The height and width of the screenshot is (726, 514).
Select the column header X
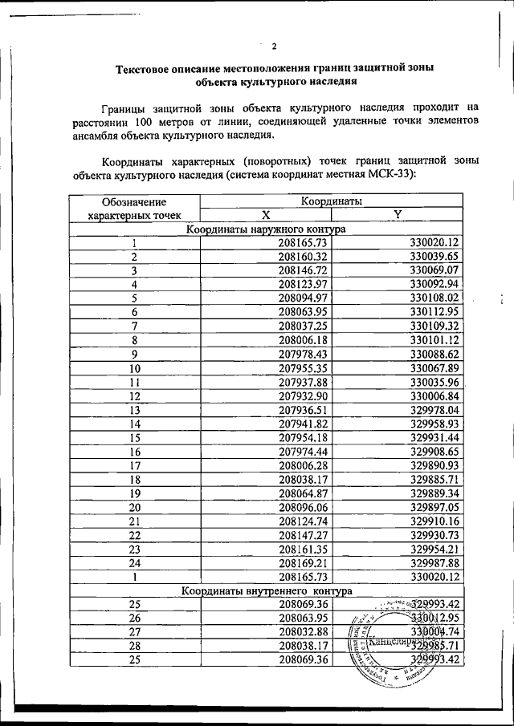coord(266,213)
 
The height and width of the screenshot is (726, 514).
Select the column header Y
coord(397,213)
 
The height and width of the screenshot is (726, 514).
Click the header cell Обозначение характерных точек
coord(135,208)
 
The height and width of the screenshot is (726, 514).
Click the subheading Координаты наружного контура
coord(266,229)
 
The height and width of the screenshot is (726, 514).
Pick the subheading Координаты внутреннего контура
coord(266,591)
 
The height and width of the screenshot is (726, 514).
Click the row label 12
coord(135,396)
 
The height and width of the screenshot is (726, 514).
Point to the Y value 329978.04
coord(433,410)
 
